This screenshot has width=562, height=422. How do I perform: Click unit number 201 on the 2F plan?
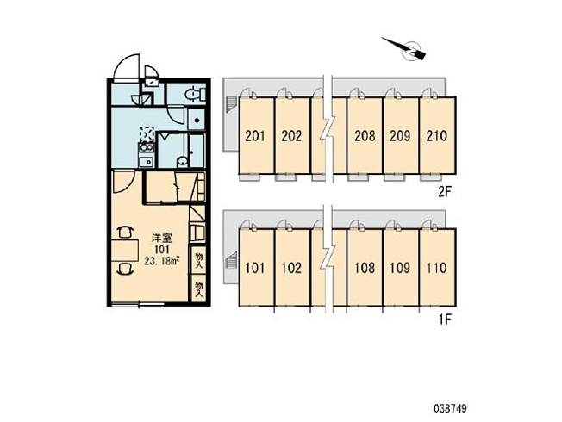tap(255, 136)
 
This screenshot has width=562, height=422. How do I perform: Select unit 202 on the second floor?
tap(291, 136)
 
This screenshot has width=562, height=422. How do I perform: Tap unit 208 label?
tap(365, 136)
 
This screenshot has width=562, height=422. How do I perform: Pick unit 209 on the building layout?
tap(400, 136)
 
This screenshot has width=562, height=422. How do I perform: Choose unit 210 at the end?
tap(437, 136)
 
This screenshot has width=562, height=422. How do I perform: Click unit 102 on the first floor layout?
tap(291, 268)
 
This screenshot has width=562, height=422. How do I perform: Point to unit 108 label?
tap(365, 268)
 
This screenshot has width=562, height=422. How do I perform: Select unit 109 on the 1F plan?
tap(400, 268)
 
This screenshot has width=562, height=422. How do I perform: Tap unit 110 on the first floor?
tap(437, 268)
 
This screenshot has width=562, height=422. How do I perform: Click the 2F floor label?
tap(445, 193)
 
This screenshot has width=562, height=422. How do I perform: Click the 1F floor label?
tap(445, 320)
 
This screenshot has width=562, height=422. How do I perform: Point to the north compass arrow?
tap(404, 47)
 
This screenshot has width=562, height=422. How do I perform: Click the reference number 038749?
tap(450, 408)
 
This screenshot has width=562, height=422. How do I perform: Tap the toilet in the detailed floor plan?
tap(195, 94)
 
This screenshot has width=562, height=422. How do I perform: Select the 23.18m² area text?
tap(162, 261)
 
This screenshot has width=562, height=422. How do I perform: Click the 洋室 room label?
tap(162, 239)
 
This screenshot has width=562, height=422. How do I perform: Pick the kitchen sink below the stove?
tap(147, 162)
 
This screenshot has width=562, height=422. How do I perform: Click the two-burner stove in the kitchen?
tap(147, 147)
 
